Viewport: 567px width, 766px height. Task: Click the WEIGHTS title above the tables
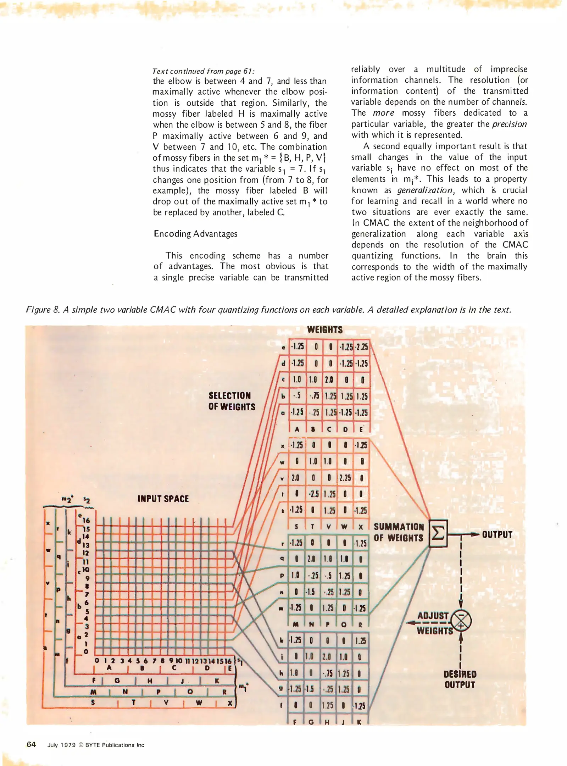tap(325, 330)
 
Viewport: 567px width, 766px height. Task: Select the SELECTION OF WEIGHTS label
tap(232, 401)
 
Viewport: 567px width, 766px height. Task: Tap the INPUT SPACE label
tap(163, 499)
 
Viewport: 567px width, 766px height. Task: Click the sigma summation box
tap(438, 533)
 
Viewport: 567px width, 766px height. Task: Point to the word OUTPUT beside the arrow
tap(497, 534)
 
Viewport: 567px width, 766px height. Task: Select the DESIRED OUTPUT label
tap(460, 679)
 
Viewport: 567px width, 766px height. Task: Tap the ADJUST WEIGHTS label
tap(434, 623)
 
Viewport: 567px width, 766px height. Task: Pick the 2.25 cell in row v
tap(345, 478)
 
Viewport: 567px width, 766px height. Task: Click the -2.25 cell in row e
tap(362, 347)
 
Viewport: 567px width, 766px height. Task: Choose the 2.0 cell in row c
tap(329, 380)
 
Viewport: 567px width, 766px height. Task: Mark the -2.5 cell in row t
tap(313, 494)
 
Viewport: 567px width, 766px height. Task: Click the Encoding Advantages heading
tap(195, 234)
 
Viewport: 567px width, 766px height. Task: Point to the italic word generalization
tap(424, 190)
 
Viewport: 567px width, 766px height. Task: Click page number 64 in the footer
tap(31, 744)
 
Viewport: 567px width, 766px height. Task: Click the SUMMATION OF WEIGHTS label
tap(399, 532)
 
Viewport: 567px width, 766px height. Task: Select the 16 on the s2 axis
tap(86, 521)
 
